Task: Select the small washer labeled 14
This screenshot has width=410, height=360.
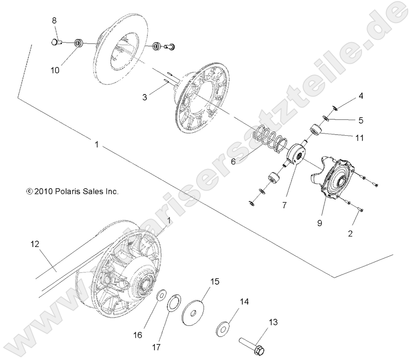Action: coord(223,329)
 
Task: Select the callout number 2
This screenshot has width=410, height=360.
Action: coord(350,234)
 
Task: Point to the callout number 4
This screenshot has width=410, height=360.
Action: coord(362,96)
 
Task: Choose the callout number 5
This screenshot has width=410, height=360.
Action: coord(361,120)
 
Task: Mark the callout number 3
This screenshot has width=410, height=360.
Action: coord(144,97)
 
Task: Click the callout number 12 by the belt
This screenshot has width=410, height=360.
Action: coord(35,243)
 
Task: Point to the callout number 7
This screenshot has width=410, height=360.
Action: coord(284,193)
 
